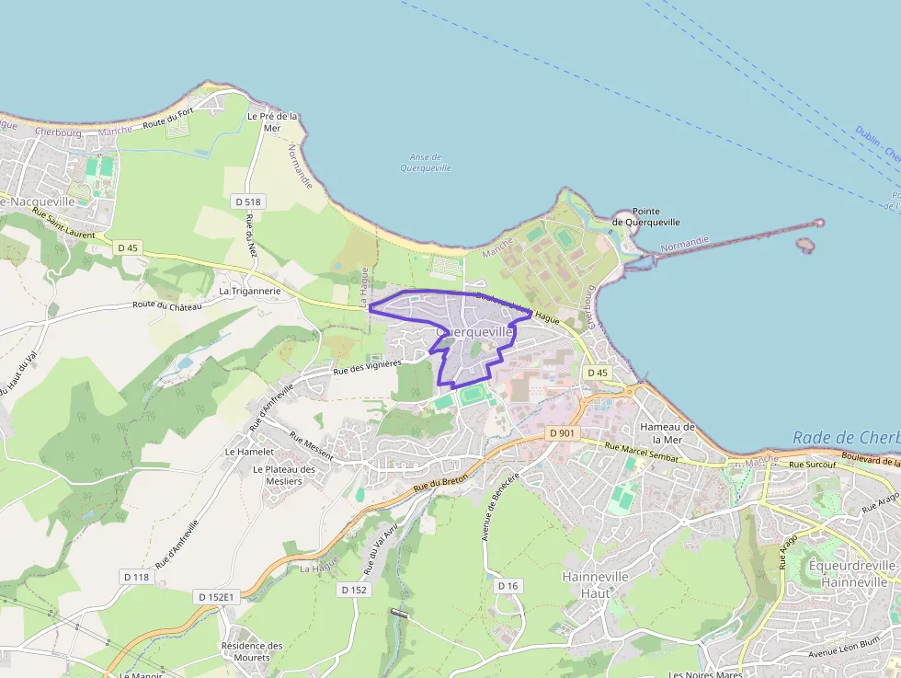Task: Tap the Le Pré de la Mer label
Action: coord(273,122)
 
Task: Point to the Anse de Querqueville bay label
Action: coord(426,163)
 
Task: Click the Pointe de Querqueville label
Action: coord(646,216)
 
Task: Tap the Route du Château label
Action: coord(166,305)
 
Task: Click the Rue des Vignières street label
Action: coord(368,366)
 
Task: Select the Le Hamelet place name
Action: coord(250,452)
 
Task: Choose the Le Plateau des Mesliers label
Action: coord(284,475)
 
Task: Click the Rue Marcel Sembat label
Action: coord(642,452)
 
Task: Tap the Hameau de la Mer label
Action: coord(667,432)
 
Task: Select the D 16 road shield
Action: coord(508,586)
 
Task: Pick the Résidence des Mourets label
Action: coord(252,651)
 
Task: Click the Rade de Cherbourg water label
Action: coord(846,438)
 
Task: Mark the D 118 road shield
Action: coord(135,577)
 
